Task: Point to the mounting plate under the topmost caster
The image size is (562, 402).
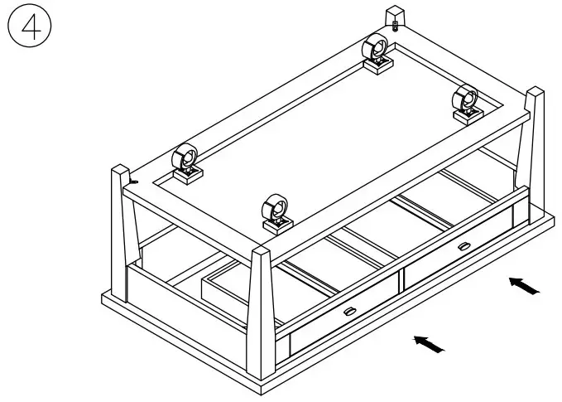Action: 379,66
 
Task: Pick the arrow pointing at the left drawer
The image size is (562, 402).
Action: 428,341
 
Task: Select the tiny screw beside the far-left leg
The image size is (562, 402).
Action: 133,180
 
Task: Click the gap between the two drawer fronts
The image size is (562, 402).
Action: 401,281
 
